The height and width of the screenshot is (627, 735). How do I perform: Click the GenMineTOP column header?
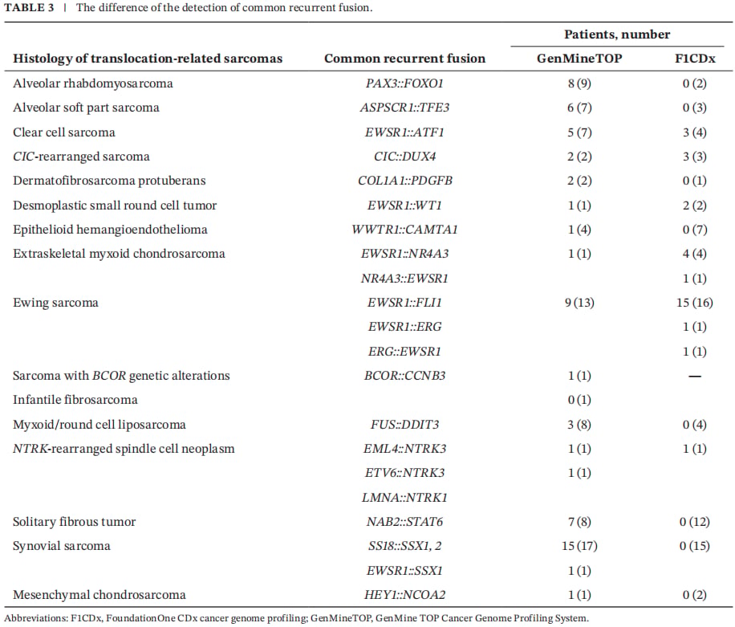579,58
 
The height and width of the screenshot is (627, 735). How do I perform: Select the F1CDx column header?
695,58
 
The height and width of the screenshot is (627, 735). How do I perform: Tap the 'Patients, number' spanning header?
617,35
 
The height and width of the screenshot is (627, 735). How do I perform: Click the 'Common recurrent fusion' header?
405,58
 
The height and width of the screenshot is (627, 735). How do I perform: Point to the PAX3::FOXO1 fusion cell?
404,83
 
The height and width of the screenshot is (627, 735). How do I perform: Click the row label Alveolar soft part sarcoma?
86,108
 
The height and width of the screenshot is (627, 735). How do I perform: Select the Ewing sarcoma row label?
56,303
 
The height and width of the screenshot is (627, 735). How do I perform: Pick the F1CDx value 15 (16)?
695,303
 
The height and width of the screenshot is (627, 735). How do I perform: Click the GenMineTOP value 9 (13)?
579,303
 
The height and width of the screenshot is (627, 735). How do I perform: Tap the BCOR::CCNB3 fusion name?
404,376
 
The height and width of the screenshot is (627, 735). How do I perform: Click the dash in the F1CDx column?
695,376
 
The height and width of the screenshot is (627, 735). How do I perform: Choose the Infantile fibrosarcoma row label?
75,400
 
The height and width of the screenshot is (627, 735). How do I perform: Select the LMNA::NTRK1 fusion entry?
404,497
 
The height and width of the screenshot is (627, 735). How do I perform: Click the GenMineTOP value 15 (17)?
579,546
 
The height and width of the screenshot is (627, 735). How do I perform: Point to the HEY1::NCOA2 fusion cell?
404,595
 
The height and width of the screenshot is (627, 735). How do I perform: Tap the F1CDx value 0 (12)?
695,522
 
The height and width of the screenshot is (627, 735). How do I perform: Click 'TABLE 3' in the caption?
29,7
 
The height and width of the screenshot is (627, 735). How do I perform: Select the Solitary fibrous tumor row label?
74,522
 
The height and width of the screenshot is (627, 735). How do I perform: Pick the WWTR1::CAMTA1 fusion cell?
404,230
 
